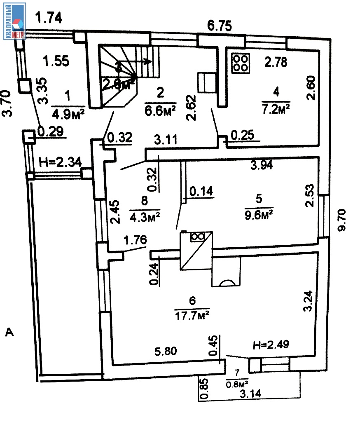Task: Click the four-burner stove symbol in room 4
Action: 241,63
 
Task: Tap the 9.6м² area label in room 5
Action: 259,214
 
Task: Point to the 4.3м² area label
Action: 145,216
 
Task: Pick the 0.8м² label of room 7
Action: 236,384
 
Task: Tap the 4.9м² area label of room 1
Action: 68,113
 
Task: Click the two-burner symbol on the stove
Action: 198,237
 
